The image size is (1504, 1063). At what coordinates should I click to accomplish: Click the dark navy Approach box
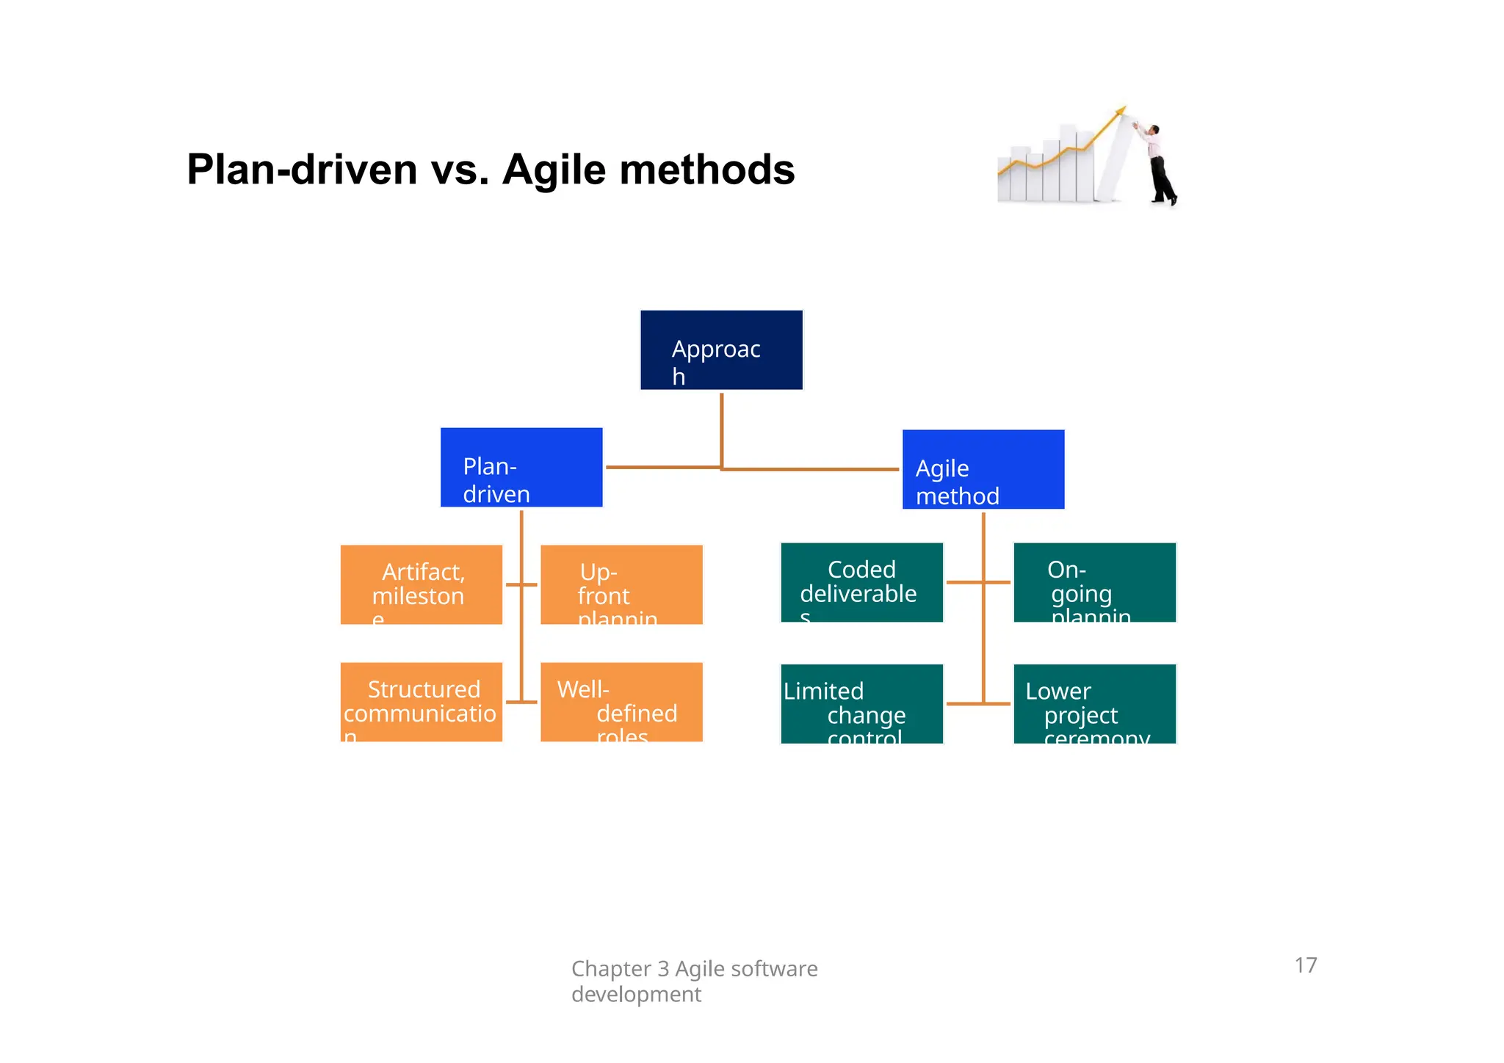tap(721, 350)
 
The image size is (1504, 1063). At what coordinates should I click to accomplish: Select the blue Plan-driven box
tap(521, 468)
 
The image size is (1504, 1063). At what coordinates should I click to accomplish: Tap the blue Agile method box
tap(983, 470)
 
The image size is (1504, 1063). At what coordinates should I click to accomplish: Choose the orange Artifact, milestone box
tap(422, 585)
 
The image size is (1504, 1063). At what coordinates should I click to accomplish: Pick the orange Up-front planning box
tap(621, 585)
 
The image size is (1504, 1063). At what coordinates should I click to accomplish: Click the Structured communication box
tap(422, 703)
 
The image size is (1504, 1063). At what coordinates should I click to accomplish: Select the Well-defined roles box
tap(621, 703)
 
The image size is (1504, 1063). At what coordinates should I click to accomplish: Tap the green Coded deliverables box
tap(861, 583)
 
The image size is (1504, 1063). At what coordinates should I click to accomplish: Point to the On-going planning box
tap(1094, 583)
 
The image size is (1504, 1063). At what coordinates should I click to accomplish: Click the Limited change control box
tap(861, 704)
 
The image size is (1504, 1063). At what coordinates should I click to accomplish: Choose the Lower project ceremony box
tap(1094, 704)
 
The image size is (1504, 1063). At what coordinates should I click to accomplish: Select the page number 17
tap(1306, 965)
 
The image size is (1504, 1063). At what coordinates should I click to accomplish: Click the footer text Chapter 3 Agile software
tap(694, 969)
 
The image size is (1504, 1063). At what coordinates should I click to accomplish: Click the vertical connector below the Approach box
tap(721, 429)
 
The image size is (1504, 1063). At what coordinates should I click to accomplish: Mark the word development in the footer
tap(636, 995)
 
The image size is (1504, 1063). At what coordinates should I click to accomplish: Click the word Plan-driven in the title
tap(303, 169)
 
